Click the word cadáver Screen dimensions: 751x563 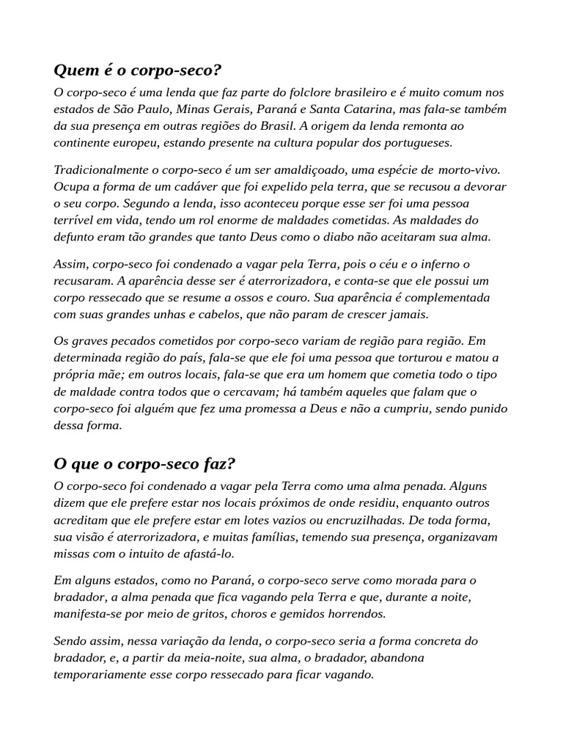tap(195, 186)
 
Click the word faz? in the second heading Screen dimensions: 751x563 tap(216, 465)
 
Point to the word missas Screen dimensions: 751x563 tap(72, 553)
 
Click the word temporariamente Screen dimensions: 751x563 tap(100, 674)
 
